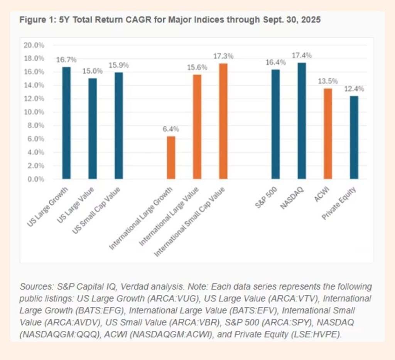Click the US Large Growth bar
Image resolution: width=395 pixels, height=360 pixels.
tap(66, 123)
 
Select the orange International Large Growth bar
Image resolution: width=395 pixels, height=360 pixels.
tap(171, 158)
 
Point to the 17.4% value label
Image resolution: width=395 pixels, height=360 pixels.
tap(301, 56)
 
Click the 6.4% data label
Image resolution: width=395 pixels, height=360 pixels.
tap(171, 129)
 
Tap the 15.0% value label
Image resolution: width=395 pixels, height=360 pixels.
tap(92, 71)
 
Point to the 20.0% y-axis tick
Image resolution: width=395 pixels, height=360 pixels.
tap(34, 45)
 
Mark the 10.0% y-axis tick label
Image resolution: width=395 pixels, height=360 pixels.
tap(34, 112)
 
